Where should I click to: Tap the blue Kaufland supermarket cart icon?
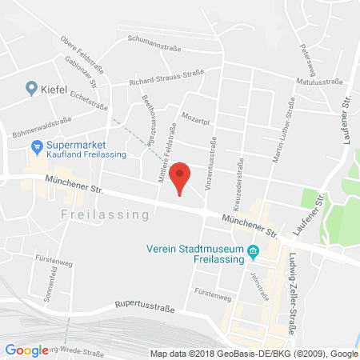click(x=35, y=146)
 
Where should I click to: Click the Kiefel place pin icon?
click(x=31, y=88)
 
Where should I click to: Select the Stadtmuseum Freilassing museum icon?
click(x=254, y=252)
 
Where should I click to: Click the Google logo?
click(x=26, y=350)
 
